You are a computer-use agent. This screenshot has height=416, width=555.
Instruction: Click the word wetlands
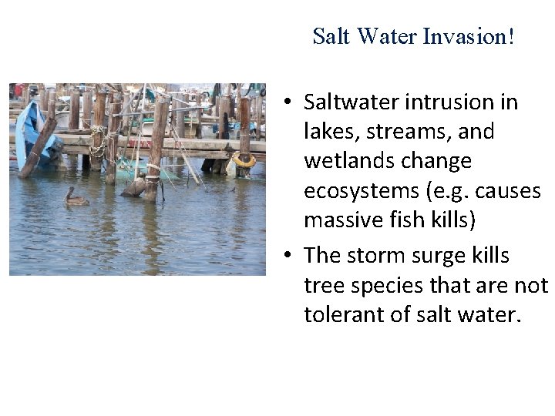(x=344, y=161)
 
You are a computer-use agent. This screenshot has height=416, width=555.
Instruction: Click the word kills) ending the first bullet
(x=450, y=221)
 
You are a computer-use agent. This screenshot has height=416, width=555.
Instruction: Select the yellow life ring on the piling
(x=244, y=160)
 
